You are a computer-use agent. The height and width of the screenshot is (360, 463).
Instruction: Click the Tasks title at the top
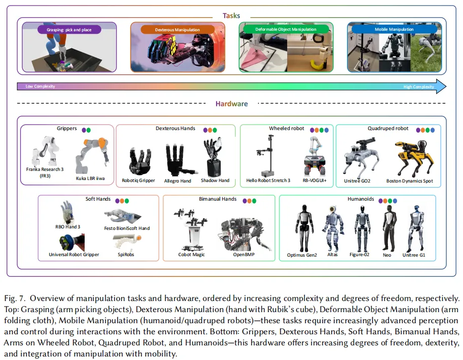click(x=232, y=16)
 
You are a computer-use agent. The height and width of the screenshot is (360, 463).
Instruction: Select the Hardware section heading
click(x=232, y=104)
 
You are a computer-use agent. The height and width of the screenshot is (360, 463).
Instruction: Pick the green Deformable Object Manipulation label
click(x=286, y=29)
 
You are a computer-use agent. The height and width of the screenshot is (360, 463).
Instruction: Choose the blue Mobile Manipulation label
click(x=394, y=29)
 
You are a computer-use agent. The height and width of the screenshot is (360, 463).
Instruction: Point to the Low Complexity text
click(x=40, y=87)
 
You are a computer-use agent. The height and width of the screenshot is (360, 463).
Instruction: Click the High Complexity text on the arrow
click(x=418, y=87)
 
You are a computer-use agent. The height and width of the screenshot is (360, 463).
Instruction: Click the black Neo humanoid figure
click(x=387, y=226)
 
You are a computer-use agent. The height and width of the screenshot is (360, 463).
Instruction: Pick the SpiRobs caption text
click(x=126, y=255)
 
